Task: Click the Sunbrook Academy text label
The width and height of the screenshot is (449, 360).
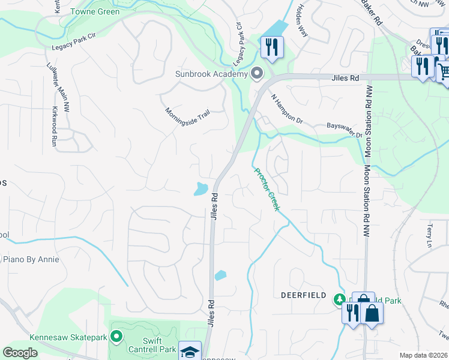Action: pyautogui.click(x=211, y=74)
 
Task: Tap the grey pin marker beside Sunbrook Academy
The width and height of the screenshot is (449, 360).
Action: pyautogui.click(x=258, y=74)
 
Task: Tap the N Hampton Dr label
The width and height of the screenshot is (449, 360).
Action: pyautogui.click(x=288, y=109)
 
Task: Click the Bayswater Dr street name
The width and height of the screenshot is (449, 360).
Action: pyautogui.click(x=345, y=131)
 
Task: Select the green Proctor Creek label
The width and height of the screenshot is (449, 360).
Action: pyautogui.click(x=267, y=189)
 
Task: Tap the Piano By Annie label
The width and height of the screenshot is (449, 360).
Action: pyautogui.click(x=31, y=259)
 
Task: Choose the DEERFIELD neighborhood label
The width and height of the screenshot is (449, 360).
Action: pyautogui.click(x=304, y=295)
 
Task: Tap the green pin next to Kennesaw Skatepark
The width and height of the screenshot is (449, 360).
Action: pyautogui.click(x=116, y=337)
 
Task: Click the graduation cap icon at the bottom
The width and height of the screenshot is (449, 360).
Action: pyautogui.click(x=190, y=352)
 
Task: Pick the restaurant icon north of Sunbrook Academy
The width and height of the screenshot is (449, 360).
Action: pyautogui.click(x=272, y=46)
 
